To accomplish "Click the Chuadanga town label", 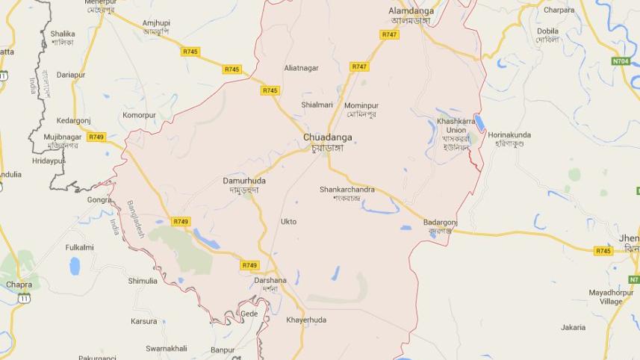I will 327,137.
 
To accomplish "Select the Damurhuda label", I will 244,181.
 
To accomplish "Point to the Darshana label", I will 270,281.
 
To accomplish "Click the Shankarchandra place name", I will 347,190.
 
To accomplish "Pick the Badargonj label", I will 440,223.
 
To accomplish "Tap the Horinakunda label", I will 509,135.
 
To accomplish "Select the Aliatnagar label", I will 301,68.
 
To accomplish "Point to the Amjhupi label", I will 156,24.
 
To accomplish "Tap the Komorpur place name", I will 139,116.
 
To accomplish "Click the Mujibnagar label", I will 61,137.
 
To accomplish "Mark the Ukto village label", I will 288,222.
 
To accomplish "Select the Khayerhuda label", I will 306,320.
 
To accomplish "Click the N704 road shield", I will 621,61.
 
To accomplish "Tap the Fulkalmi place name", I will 79,247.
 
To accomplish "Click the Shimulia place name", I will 143,281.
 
